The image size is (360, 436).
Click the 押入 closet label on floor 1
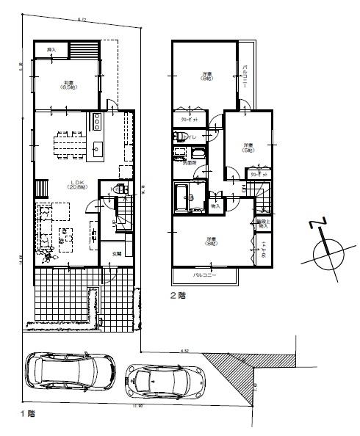tap(51, 51)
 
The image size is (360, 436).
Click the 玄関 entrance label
tap(116, 253)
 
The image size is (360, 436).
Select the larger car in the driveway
tap(71, 371)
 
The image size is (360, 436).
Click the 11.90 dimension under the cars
tap(138, 405)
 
